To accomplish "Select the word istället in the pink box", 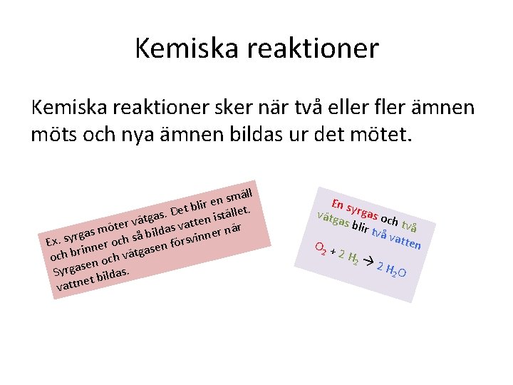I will pos(230,210).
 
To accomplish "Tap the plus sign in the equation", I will pos(333,252).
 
